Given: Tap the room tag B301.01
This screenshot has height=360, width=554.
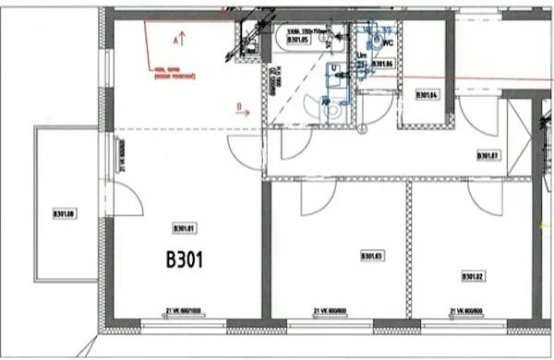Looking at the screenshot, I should pos(187,227).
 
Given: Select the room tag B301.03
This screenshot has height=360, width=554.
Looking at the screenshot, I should pos(371,256).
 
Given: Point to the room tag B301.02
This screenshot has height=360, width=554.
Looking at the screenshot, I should pos(474,275).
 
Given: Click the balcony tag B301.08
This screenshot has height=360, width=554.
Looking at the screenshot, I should pos(64,215).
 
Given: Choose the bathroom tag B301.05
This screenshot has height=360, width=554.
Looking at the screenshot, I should pos(297,41).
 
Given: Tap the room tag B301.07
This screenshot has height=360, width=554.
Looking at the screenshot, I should pos(488,156).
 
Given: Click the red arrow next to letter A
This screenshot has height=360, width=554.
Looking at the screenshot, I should pos(184,40).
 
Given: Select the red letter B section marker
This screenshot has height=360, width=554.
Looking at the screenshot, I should pos(238,107).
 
